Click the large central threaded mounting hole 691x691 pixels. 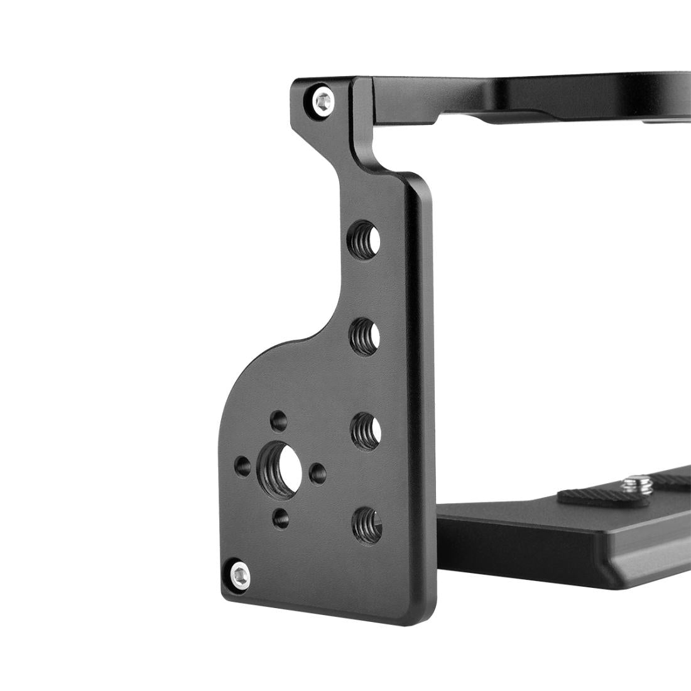[279, 465]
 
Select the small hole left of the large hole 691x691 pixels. [241, 465]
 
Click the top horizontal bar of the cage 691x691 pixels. [534, 94]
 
